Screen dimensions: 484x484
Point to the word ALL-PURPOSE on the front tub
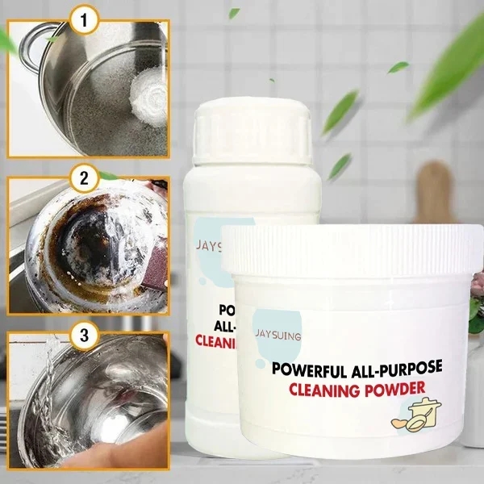(x=402, y=369)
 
